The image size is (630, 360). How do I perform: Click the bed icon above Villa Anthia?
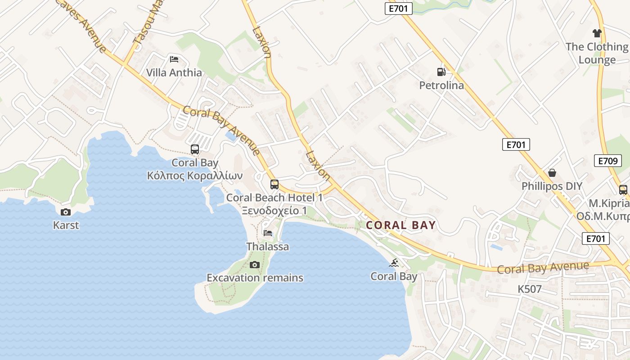[x=174, y=59]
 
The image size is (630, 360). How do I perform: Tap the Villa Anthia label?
[x=174, y=72]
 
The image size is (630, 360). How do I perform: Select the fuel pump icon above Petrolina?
[x=441, y=72]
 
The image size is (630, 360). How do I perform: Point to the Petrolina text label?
[x=441, y=85]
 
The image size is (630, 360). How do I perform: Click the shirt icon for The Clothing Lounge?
[x=597, y=33]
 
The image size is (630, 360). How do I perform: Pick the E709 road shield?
[x=607, y=161]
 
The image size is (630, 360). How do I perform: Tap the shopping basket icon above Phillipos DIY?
[x=552, y=173]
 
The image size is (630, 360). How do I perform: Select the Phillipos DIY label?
[x=552, y=186]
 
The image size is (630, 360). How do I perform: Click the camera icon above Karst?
[x=66, y=212]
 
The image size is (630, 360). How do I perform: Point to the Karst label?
[x=66, y=225]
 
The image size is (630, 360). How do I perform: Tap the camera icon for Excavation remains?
[x=255, y=265]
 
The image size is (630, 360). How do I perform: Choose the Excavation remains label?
[x=255, y=278]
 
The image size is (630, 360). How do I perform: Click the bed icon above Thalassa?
[x=268, y=233]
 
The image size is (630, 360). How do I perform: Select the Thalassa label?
[x=268, y=247]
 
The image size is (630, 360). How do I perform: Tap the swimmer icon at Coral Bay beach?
[x=394, y=263]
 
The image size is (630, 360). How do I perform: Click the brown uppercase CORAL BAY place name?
[x=401, y=225]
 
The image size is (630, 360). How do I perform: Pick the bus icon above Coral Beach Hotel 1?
[x=274, y=184]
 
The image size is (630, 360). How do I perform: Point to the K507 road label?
[x=530, y=289]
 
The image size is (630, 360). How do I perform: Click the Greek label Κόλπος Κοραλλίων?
[x=195, y=175]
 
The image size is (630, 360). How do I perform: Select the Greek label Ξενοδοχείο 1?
[x=274, y=211]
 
